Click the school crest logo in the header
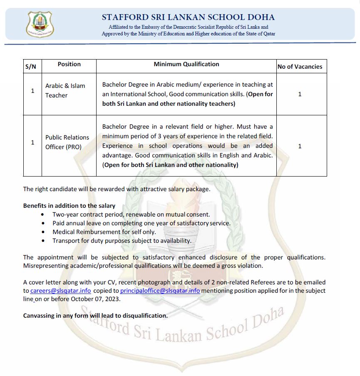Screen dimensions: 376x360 [40, 24]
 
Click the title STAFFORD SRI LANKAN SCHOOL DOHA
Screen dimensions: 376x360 [188, 17]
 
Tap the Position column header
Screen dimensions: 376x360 [69, 64]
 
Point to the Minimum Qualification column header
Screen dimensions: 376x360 [186, 64]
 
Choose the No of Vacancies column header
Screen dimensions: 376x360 [300, 66]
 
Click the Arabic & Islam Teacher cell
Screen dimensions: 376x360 [65, 90]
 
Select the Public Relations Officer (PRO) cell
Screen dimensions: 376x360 [67, 142]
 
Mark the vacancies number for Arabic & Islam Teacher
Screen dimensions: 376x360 [300, 94]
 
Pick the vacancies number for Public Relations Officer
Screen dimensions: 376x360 [300, 146]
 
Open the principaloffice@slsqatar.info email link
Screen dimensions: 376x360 [160, 291]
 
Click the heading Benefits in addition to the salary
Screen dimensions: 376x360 [69, 206]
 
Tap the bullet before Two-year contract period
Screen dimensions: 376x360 [44, 215]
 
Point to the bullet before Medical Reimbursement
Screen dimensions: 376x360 [44, 232]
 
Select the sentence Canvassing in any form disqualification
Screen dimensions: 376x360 [95, 316]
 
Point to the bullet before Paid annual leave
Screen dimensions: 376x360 [44, 224]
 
